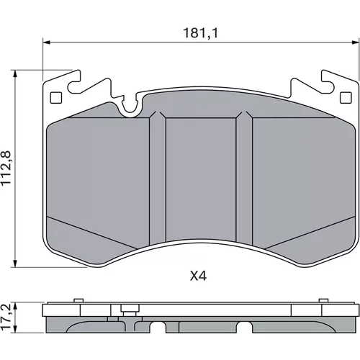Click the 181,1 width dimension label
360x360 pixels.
pyautogui.click(x=201, y=33)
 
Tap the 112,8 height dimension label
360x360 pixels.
pyautogui.click(x=6, y=168)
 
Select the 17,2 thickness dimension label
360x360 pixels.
pyautogui.click(x=6, y=318)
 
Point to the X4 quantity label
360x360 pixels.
pyautogui.click(x=198, y=276)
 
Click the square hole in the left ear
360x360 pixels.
pyautogui.click(x=56, y=98)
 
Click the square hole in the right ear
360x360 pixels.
pyautogui.click(x=346, y=98)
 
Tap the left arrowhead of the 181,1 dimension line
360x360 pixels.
pyautogui.click(x=46, y=42)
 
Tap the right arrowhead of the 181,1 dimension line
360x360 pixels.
pyautogui.click(x=356, y=42)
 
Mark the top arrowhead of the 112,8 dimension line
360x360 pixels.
pyautogui.click(x=15, y=73)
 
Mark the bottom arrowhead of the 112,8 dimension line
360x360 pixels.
pyautogui.click(x=15, y=264)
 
